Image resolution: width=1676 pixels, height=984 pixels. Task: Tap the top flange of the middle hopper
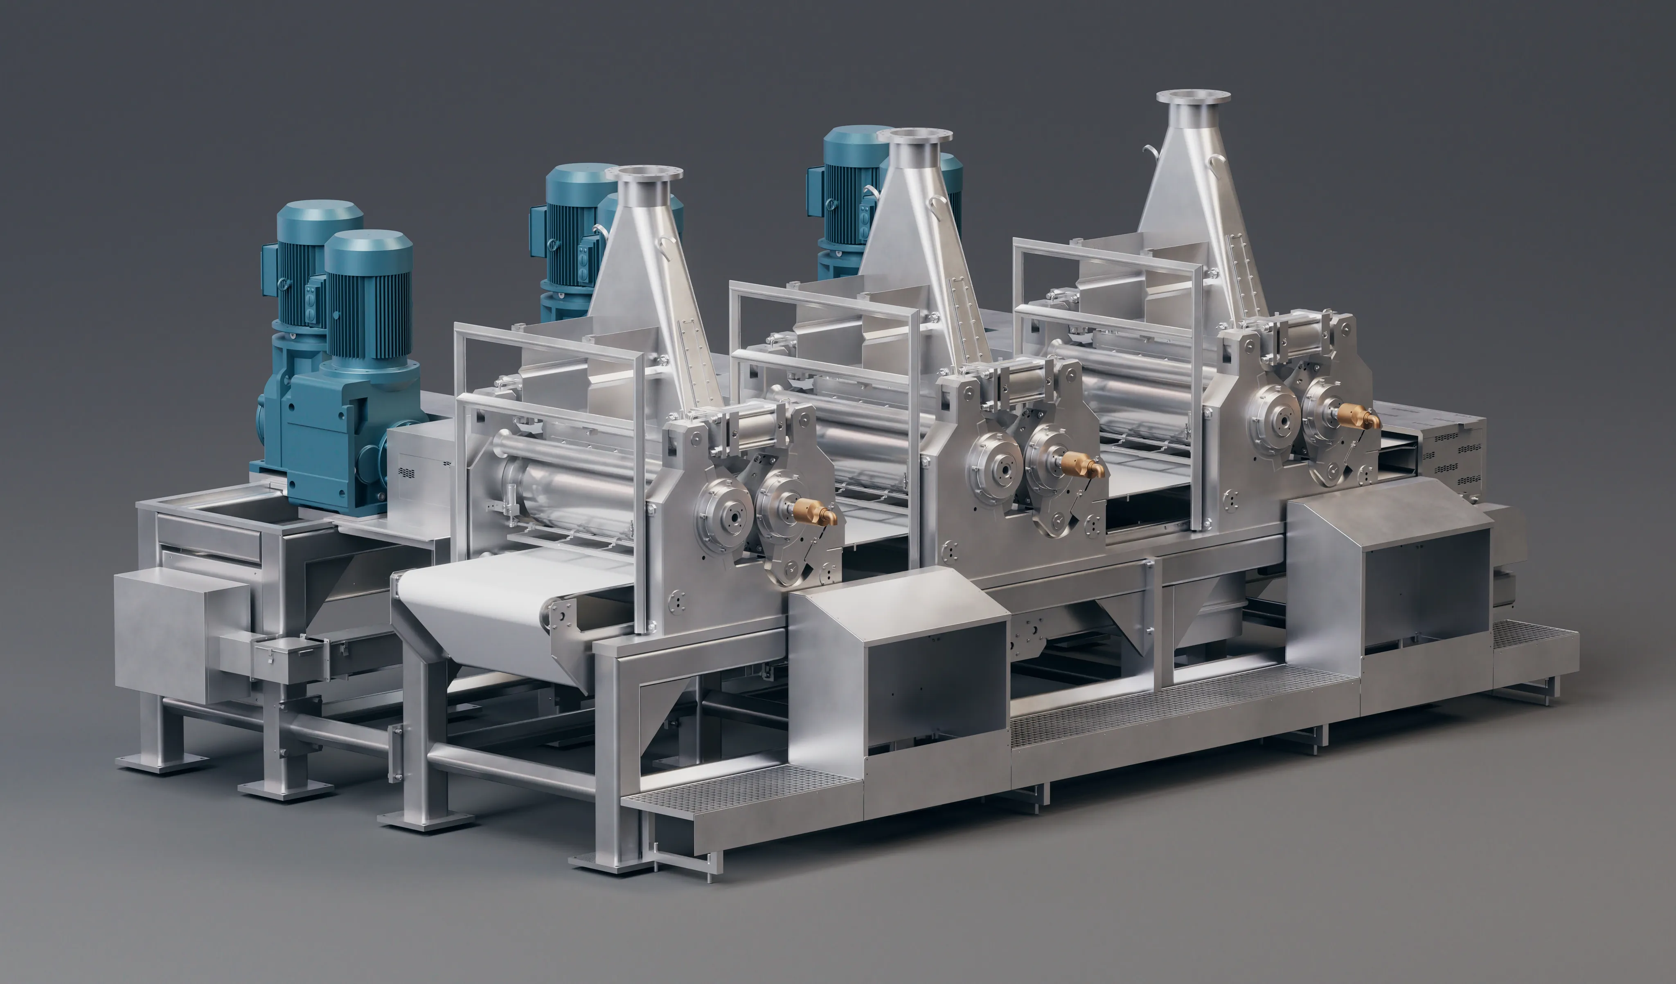click(915, 135)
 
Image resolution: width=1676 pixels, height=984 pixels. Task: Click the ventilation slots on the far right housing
click(1460, 459)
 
